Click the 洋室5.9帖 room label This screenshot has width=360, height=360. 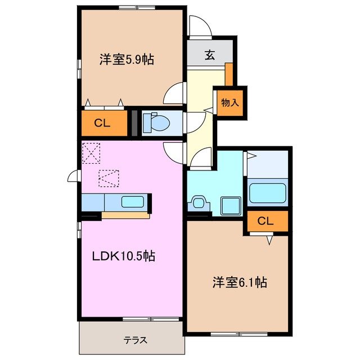point(127,59)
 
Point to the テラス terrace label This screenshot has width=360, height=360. point(135,340)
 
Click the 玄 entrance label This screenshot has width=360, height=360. point(209,55)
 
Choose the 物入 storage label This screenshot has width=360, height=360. point(230,103)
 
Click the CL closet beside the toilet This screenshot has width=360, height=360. point(102,124)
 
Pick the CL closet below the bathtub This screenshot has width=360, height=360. point(265,221)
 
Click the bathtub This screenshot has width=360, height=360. point(268,192)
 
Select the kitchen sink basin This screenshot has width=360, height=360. point(133,202)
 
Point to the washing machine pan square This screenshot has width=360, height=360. point(229,204)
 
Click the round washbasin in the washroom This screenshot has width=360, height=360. point(198,201)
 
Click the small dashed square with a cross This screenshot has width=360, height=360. point(89,152)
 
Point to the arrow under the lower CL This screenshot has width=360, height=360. point(269,240)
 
